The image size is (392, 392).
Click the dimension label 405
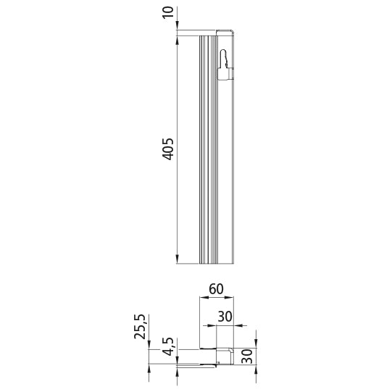[x=168, y=149]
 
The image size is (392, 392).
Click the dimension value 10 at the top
[x=169, y=14]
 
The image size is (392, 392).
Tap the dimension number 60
[x=216, y=288]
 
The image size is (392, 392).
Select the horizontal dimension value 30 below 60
[x=225, y=317]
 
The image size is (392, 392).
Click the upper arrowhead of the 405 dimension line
[x=178, y=38]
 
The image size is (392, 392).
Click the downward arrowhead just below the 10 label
[x=178, y=28]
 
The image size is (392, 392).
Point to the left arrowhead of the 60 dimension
[x=203, y=298]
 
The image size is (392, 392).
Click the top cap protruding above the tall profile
[x=225, y=31]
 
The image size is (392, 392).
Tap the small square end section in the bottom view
[x=227, y=356]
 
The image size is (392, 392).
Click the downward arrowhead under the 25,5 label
[x=149, y=345]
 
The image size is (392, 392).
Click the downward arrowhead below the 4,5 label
[x=178, y=358]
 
